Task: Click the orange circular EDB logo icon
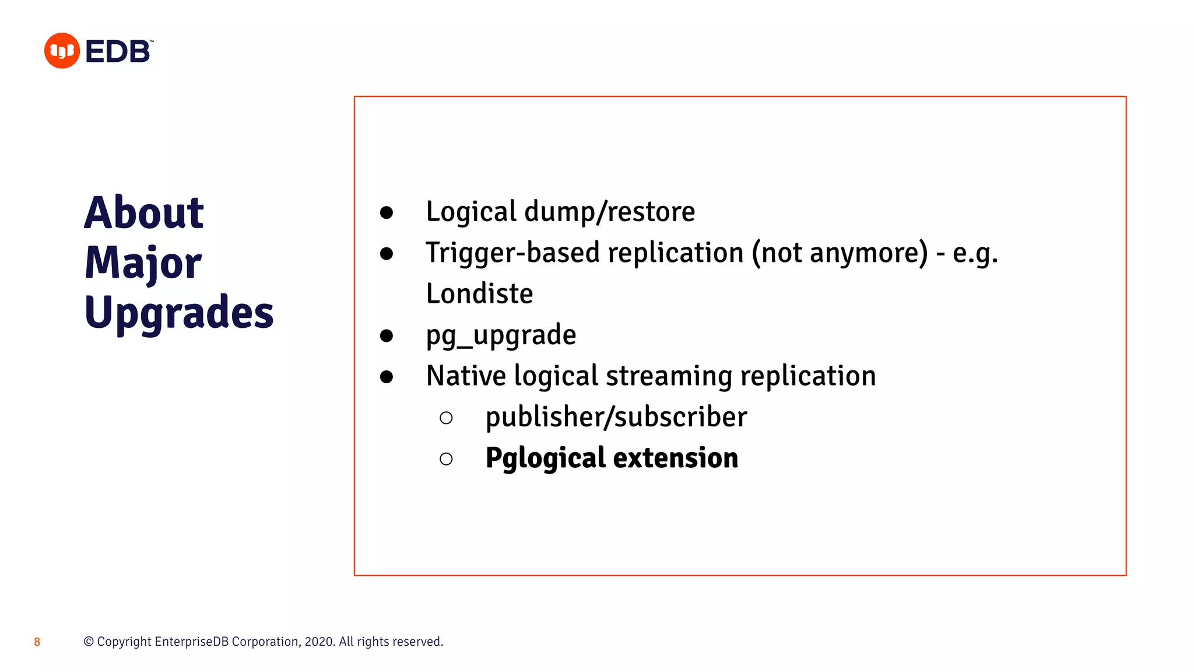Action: click(62, 51)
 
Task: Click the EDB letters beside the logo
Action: click(118, 51)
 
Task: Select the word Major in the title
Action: click(143, 262)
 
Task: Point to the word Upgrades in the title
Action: click(178, 313)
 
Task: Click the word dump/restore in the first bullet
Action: click(609, 211)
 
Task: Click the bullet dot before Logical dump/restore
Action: click(386, 212)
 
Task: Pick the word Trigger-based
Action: click(512, 253)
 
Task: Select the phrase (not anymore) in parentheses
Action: click(840, 253)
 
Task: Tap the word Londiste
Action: click(479, 293)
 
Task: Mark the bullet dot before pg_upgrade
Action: click(386, 335)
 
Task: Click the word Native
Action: click(466, 376)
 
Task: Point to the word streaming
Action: click(669, 376)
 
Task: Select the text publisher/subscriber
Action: click(616, 417)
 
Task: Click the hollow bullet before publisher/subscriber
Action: click(446, 418)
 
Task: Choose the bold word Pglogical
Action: click(545, 458)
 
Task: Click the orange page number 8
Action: click(37, 642)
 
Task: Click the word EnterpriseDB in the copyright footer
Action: click(192, 642)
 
